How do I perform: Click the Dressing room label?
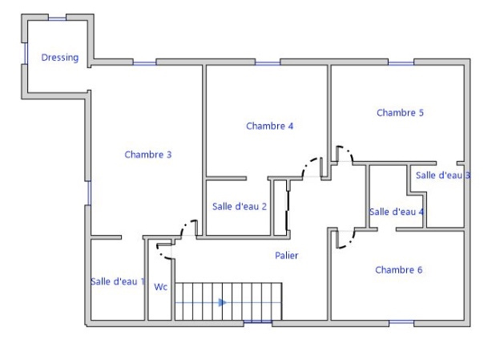pos(60,58)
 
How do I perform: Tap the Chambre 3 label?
pos(148,155)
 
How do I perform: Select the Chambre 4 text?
pos(270,126)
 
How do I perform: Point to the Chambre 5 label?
pos(400,113)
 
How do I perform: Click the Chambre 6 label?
pos(398,270)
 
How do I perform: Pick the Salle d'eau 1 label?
pos(118,281)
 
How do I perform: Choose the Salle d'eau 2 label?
pos(240,207)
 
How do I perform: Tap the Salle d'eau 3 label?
pos(443,176)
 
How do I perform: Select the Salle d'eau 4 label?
pos(397,212)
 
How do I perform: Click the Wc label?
pos(161,287)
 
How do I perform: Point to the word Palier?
pos(286,256)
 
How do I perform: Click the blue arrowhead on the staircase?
pos(223,302)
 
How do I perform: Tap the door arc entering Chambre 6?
pos(349,242)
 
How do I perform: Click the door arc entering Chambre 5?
pos(348,151)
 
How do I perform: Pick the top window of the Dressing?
pos(57,19)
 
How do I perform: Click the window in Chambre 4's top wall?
pos(268,63)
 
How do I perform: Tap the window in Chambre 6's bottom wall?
pos(401,322)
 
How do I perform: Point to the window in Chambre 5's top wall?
pos(401,63)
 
